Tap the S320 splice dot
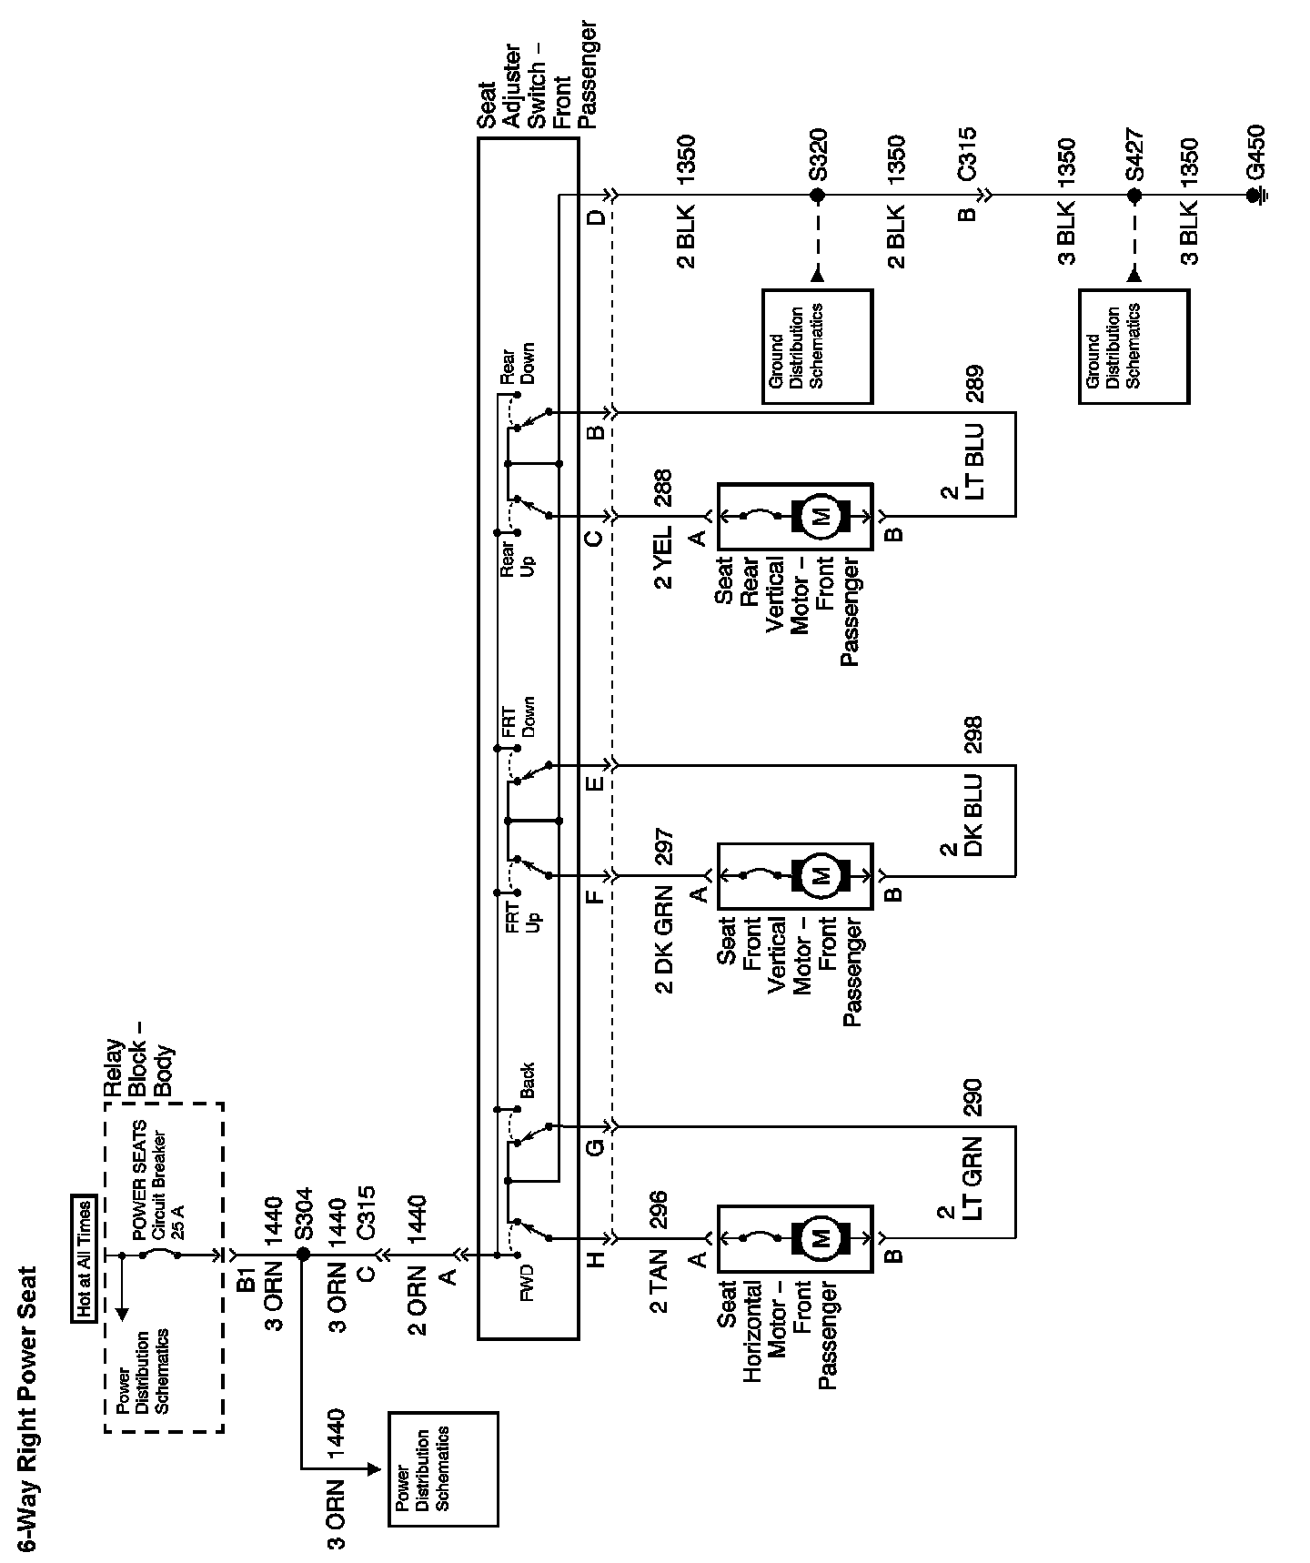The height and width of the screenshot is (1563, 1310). pos(817,195)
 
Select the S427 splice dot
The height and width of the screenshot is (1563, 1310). pos(1134,195)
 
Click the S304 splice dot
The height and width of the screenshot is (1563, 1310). pos(303,1254)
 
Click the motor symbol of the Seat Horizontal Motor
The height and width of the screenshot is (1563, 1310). pos(821,1238)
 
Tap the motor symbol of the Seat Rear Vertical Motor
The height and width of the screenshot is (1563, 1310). pos(821,517)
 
